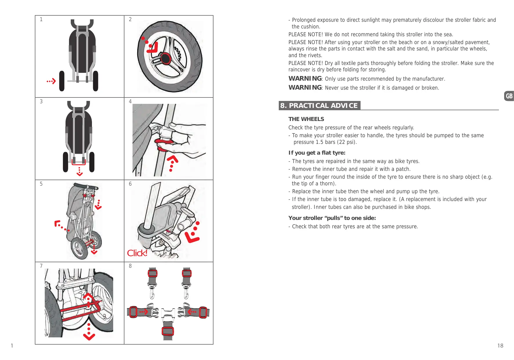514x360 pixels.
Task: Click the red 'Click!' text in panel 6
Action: (137, 253)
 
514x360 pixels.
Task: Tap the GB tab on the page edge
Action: (509, 96)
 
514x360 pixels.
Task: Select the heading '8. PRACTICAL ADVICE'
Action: (319, 106)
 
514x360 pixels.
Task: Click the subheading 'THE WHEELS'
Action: (306, 119)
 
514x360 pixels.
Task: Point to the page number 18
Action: (500, 345)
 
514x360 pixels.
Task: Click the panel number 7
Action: (41, 266)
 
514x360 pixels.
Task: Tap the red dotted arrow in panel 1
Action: (51, 81)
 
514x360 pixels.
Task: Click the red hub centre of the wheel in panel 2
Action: (166, 59)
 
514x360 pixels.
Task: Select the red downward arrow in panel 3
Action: (79, 171)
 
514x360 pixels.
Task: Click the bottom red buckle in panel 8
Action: (168, 331)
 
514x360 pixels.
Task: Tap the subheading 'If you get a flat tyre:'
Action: (317, 153)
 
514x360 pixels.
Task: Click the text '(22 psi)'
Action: (347, 142)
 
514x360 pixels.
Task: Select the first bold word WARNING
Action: (305, 79)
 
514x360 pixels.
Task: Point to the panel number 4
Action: (130, 101)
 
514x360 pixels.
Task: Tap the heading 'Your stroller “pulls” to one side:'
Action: (332, 218)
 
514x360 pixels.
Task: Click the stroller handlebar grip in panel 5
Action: (86, 186)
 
